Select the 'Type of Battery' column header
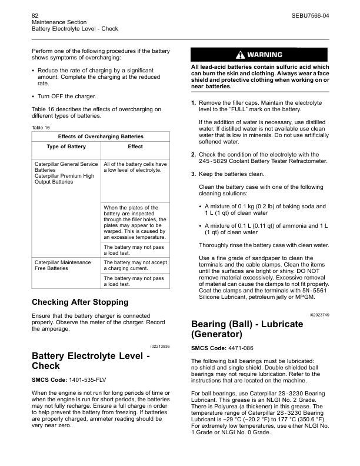tap(66, 147)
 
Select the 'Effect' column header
tap(135, 147)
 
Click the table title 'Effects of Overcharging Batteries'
tap(101, 137)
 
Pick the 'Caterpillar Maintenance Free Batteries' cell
tap(63, 265)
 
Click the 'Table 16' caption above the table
tap(41, 127)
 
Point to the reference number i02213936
tap(159, 347)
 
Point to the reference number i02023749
tap(318, 315)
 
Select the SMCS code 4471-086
tap(242, 348)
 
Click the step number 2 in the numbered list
tap(194, 155)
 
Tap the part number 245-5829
tap(214, 161)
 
